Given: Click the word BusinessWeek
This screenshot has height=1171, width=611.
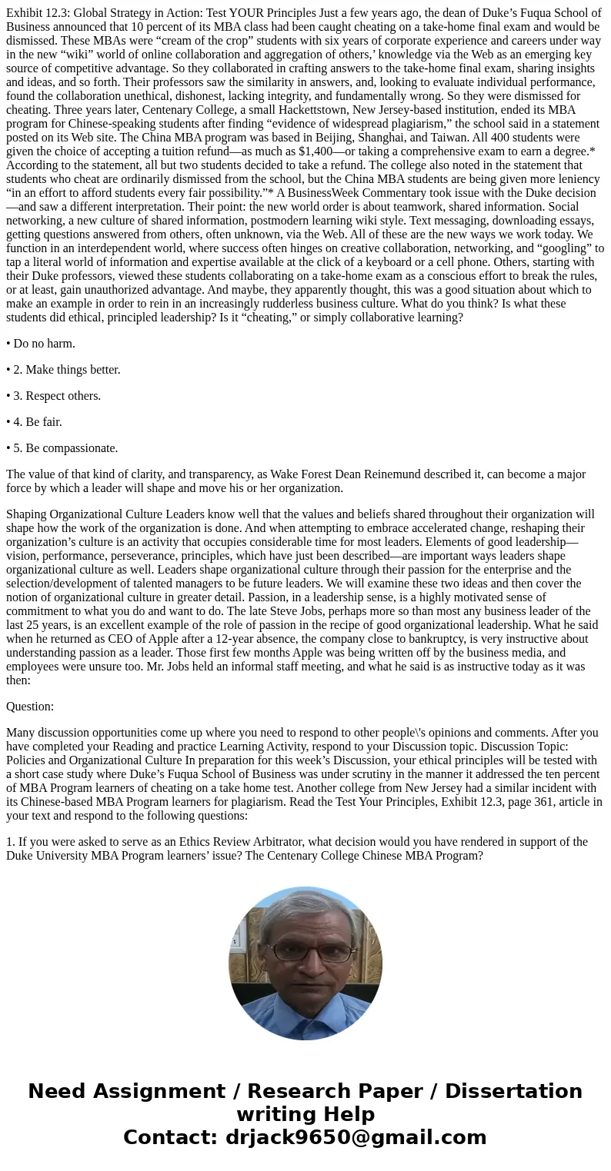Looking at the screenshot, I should click(x=317, y=193).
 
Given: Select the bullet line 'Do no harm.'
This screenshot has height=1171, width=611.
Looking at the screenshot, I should click(x=44, y=344).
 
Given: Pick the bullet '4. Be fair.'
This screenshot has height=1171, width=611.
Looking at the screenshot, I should click(x=38, y=422).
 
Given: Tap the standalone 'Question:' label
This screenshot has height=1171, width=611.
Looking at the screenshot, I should click(x=30, y=707).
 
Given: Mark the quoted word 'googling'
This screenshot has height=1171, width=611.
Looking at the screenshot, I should click(x=565, y=248).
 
